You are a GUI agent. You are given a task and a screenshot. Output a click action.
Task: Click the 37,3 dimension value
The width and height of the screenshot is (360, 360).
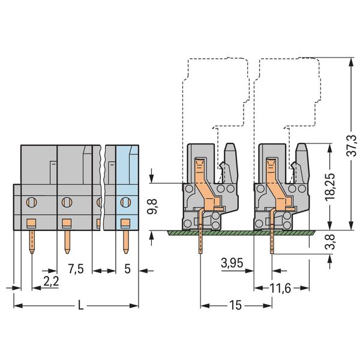[x=352, y=146]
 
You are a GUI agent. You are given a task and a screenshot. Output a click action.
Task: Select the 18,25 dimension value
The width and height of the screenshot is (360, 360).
[x=330, y=187]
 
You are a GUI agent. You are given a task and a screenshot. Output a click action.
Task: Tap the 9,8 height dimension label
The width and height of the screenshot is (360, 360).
[x=152, y=206]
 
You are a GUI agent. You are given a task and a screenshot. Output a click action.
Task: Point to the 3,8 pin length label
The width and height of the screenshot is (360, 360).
[x=331, y=242]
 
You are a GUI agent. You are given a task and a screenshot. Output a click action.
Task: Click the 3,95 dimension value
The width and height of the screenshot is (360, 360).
[x=232, y=263]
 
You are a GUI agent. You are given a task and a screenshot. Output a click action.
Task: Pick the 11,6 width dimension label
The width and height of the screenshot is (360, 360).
[x=280, y=289]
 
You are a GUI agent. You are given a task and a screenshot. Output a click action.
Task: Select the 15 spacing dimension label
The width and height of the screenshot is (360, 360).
[x=236, y=305]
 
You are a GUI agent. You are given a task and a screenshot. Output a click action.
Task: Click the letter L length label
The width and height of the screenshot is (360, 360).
[x=80, y=305]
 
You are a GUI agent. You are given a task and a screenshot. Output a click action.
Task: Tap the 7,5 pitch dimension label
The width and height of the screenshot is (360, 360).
[x=76, y=269]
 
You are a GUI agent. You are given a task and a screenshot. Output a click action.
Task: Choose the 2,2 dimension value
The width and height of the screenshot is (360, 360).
[x=51, y=281]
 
